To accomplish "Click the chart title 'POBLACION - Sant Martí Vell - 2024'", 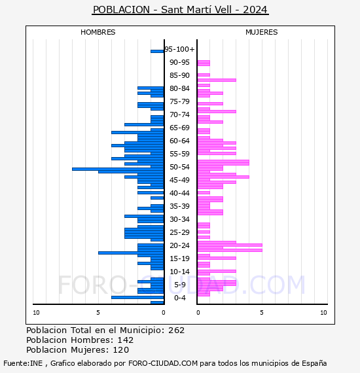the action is click(180, 10).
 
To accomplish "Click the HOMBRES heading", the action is click(98, 32).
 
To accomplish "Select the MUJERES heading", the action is click(262, 32).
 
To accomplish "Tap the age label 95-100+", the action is click(179, 49).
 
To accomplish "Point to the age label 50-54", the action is click(179, 167).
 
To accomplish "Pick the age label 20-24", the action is click(179, 245).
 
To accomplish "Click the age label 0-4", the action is click(179, 298).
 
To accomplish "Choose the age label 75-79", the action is click(179, 101).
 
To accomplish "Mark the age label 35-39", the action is click(179, 206).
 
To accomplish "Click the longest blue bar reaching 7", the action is click(118, 169).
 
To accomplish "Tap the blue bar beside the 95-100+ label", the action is click(157, 51).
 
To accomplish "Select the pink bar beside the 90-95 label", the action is click(204, 63).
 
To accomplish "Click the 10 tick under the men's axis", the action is click(36, 313).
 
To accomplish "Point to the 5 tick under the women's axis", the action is click(262, 313).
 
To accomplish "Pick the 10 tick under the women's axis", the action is click(323, 313).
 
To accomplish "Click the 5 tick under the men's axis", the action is click(98, 313).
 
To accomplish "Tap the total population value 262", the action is click(176, 330).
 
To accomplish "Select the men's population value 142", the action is click(126, 340).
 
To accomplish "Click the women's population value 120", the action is click(121, 349).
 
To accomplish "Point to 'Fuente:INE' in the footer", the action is click(23, 363).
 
